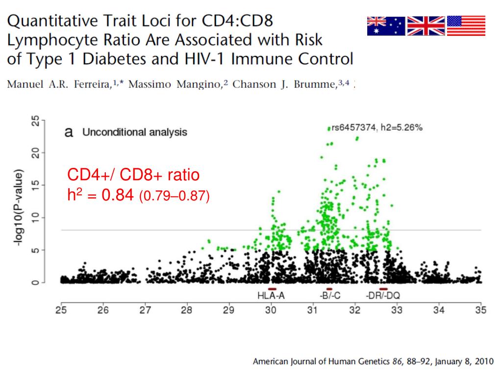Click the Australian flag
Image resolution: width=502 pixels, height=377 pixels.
pyautogui.click(x=386, y=26)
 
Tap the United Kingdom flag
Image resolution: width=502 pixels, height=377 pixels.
pyautogui.click(x=426, y=26)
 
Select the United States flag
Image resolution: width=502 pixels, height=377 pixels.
pyautogui.click(x=466, y=26)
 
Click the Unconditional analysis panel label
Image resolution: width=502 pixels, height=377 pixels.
pyautogui.click(x=134, y=133)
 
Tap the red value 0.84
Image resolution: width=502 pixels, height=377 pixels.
pyautogui.click(x=117, y=196)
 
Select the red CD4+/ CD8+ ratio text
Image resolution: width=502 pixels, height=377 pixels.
pyautogui.click(x=133, y=175)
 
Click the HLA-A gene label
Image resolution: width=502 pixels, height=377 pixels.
pyautogui.click(x=272, y=296)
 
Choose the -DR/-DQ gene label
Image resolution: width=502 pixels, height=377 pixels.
pyautogui.click(x=383, y=296)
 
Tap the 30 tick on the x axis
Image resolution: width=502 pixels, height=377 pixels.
pyautogui.click(x=271, y=310)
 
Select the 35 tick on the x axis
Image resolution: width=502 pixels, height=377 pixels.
pyautogui.click(x=480, y=310)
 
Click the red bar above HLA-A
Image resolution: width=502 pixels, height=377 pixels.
pyautogui.click(x=272, y=289)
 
